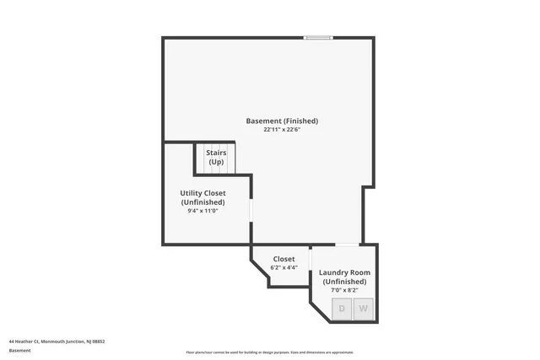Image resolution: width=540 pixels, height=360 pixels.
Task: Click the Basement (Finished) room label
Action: tap(282, 121)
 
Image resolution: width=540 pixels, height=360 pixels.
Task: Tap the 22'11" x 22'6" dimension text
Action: tap(282, 130)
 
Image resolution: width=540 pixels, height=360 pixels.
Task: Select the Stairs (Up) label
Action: tap(216, 157)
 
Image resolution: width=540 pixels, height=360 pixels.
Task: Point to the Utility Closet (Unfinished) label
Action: tap(202, 198)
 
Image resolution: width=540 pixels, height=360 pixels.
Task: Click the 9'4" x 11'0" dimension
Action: tap(202, 211)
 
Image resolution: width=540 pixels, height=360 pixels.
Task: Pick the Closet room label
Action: tap(283, 259)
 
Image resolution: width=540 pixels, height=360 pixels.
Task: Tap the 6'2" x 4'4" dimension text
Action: tap(283, 268)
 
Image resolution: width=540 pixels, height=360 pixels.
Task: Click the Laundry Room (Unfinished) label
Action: tap(344, 277)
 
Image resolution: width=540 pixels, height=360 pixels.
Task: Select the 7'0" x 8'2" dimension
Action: tap(344, 291)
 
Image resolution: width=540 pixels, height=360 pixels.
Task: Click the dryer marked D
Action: tap(342, 309)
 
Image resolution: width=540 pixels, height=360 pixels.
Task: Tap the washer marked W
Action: tap(364, 309)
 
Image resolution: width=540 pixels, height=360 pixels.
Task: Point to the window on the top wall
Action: tap(318, 37)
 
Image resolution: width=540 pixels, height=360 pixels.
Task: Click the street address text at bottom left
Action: tap(57, 341)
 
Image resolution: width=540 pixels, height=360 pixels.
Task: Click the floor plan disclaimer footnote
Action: tap(270, 352)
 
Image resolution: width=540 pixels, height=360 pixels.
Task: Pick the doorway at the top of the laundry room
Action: tap(347, 244)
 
